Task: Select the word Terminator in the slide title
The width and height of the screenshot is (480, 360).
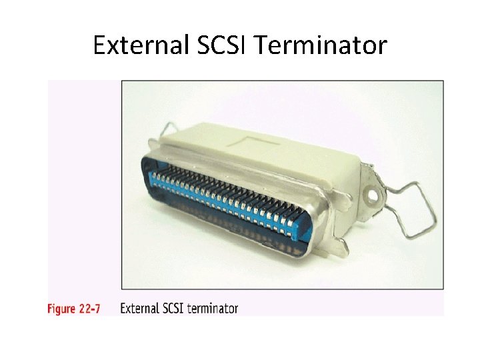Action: point(321,45)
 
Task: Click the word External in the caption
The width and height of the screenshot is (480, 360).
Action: point(139,309)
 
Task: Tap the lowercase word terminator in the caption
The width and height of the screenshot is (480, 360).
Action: point(213,309)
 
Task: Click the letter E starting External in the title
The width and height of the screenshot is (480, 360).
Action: point(99,45)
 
